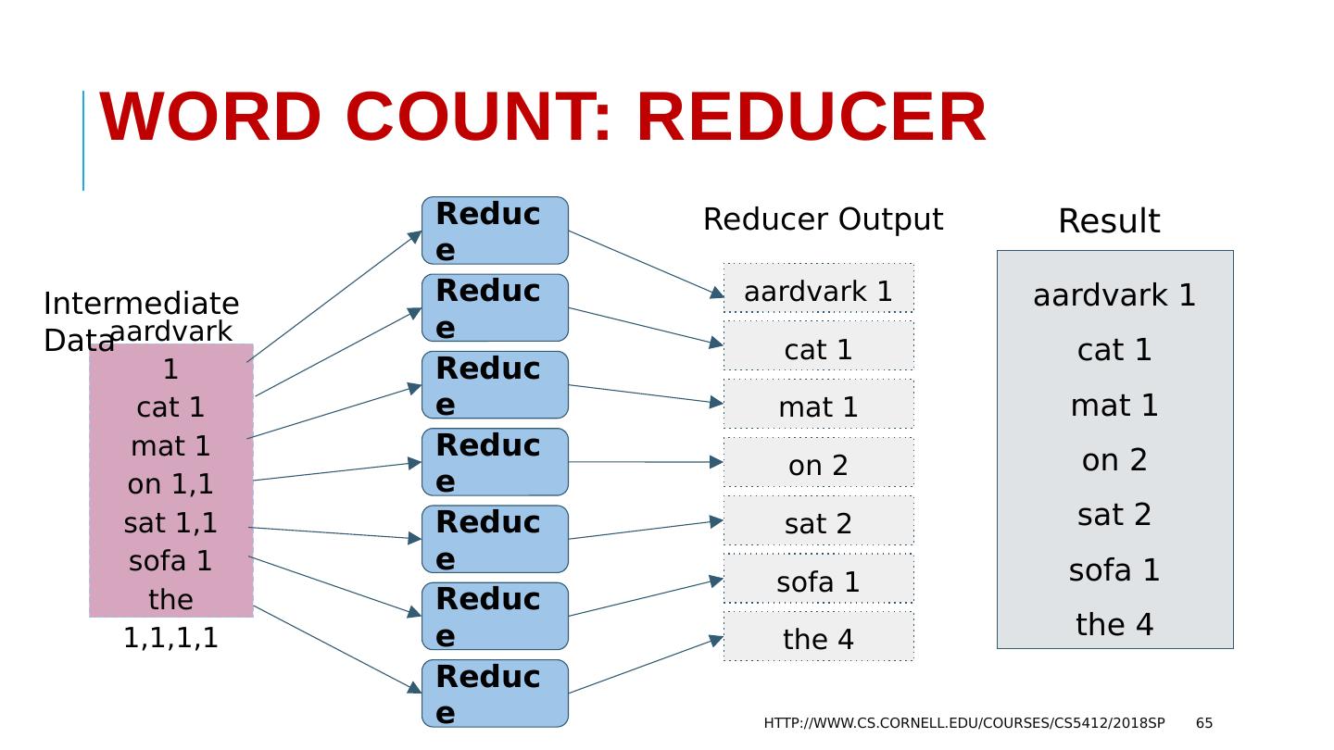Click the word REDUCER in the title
(x=811, y=119)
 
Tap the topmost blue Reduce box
(x=495, y=231)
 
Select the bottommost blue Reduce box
(x=495, y=694)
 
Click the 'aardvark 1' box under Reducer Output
(x=818, y=291)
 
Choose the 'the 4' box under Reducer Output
(x=818, y=639)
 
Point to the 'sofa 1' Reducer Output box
(x=818, y=581)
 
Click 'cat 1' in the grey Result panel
(x=1114, y=350)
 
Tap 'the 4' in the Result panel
(x=1114, y=625)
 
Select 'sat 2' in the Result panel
(x=1114, y=515)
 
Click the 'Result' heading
(x=1109, y=221)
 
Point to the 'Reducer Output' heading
(x=823, y=219)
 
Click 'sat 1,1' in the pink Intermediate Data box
(x=170, y=523)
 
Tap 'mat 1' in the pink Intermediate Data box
(x=170, y=446)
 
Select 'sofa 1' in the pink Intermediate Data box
(x=170, y=561)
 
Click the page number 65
(x=1204, y=723)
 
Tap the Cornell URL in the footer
(x=964, y=723)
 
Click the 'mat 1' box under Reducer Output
(x=818, y=406)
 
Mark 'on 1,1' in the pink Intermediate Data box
(x=170, y=484)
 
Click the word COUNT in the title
(x=478, y=119)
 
